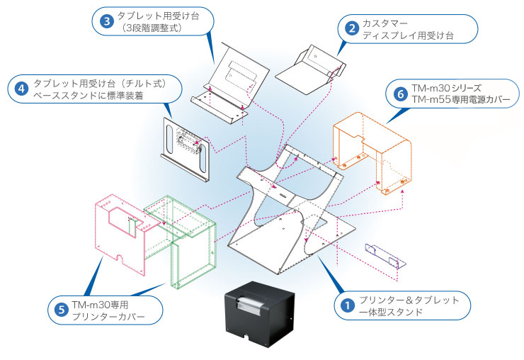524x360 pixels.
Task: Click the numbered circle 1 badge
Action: (347, 306)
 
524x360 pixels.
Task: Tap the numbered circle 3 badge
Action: (106, 21)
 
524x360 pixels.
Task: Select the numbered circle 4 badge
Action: (21, 89)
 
